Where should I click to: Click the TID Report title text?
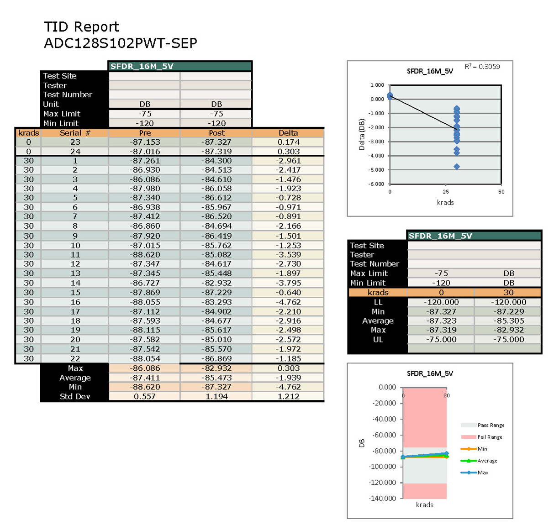click(81, 27)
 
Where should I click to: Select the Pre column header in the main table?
click(145, 133)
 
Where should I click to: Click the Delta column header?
click(288, 133)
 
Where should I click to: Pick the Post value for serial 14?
click(216, 283)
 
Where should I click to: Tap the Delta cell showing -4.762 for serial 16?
click(288, 302)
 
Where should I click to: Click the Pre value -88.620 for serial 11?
click(145, 255)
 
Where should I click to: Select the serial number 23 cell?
click(75, 142)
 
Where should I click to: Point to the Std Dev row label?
click(75, 396)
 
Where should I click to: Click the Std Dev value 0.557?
click(145, 396)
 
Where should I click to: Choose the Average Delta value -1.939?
click(288, 378)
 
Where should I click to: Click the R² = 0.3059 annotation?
click(482, 67)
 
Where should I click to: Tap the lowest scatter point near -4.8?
click(456, 167)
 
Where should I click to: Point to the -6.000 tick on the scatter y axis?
click(377, 184)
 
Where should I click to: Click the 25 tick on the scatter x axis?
click(446, 192)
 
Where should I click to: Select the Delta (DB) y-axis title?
click(362, 135)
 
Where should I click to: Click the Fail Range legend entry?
click(490, 437)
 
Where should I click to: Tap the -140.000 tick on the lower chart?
click(383, 498)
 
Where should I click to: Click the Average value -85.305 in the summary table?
click(508, 321)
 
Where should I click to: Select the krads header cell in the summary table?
click(378, 293)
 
